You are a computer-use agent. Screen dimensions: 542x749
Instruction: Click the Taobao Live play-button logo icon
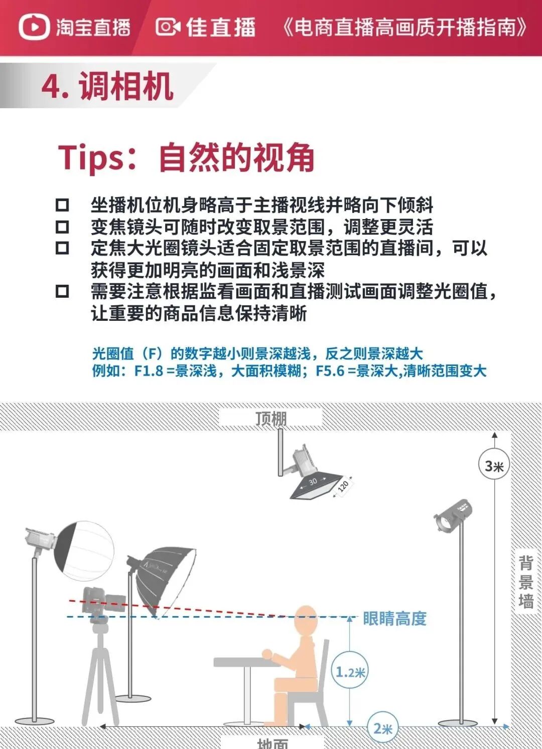pyautogui.click(x=34, y=27)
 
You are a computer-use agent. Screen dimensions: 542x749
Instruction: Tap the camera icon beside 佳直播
pyautogui.click(x=168, y=27)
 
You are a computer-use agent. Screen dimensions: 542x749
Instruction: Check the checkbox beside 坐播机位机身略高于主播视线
pyautogui.click(x=62, y=205)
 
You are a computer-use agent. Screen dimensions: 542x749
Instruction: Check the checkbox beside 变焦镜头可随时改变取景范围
pyautogui.click(x=62, y=227)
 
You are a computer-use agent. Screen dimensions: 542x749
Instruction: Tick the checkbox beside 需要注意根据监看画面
pyautogui.click(x=62, y=291)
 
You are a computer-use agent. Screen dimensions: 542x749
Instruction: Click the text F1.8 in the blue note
pyautogui.click(x=149, y=370)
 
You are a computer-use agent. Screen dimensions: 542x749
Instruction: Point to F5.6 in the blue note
pyautogui.click(x=330, y=370)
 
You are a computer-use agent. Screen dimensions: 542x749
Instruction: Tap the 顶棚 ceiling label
pyautogui.click(x=271, y=419)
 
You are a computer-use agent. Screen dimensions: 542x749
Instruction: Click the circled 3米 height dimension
pyautogui.click(x=494, y=465)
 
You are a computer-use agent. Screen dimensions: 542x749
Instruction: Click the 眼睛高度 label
pyautogui.click(x=394, y=618)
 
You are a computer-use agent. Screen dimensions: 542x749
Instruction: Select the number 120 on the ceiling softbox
pyautogui.click(x=343, y=486)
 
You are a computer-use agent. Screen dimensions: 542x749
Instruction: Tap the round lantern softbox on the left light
pyautogui.click(x=84, y=550)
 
